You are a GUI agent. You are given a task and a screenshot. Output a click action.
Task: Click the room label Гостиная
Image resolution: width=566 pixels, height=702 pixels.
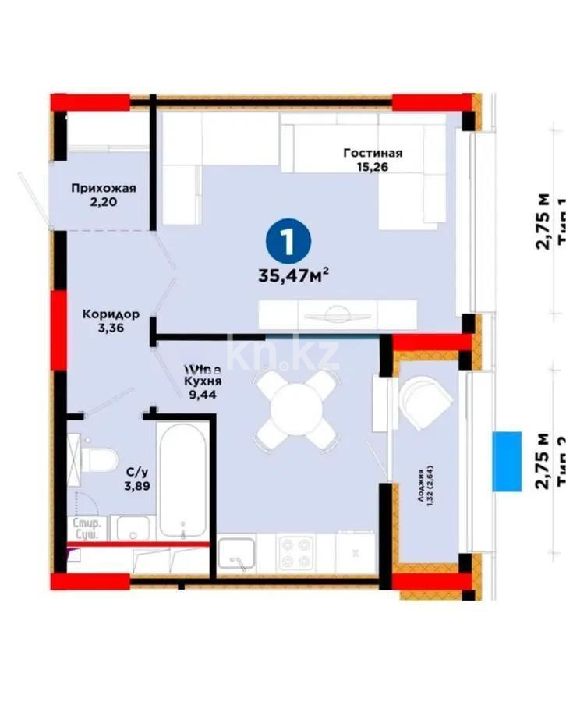click(x=373, y=153)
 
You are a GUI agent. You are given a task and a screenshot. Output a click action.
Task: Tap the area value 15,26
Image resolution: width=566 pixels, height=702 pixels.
click(x=373, y=167)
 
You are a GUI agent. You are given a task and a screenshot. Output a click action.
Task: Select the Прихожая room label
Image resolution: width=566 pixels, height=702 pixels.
click(x=104, y=188)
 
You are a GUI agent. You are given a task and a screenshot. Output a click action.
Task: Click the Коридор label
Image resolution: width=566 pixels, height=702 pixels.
click(x=112, y=314)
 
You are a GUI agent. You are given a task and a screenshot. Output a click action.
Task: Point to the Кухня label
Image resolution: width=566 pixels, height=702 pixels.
click(x=203, y=382)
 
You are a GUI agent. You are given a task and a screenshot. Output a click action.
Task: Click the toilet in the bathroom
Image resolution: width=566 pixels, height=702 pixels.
click(x=98, y=459)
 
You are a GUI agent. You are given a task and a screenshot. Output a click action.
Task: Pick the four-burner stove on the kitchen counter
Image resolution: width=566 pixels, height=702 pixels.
click(x=296, y=552)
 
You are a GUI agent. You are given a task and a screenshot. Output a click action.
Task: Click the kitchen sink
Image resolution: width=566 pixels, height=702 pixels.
click(x=236, y=556)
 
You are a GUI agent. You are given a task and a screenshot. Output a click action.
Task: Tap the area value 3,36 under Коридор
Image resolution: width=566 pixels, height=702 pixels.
click(x=112, y=328)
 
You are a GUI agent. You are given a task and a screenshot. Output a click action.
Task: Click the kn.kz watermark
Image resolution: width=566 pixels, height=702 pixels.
click(x=284, y=356)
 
